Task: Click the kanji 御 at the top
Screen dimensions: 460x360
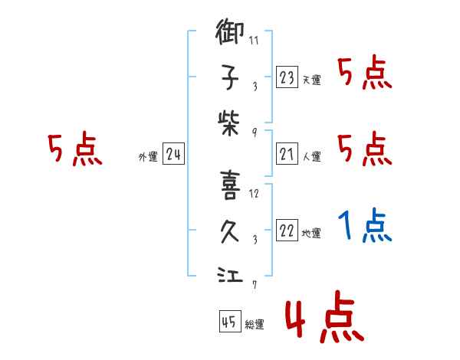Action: [x=230, y=34]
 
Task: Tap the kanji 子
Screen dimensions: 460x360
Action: [x=230, y=77]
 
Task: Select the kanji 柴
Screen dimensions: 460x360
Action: [x=230, y=119]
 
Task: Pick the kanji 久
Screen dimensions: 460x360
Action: [x=230, y=231]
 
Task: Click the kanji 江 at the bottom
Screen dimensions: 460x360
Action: [x=230, y=274]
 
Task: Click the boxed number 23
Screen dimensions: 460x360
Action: [x=287, y=78]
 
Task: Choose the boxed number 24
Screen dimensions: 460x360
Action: [x=174, y=155]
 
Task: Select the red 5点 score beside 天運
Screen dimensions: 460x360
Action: [x=366, y=74]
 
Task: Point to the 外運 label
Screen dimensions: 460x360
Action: [x=148, y=157]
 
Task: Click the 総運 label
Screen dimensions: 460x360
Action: [x=255, y=325]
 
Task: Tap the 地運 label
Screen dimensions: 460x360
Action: [x=311, y=234]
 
